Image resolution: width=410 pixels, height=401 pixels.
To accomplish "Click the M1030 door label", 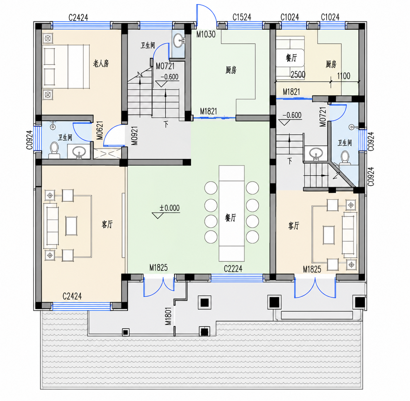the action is tap(206, 34).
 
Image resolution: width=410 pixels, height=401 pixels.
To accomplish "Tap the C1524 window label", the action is tap(242, 17).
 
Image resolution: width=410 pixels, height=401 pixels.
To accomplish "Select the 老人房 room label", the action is tap(101, 63).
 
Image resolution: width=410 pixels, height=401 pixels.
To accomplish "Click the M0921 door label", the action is tap(134, 135).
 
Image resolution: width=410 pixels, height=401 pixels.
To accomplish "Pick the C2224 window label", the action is tap(233, 269).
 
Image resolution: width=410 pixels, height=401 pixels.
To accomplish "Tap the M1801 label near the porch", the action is tap(168, 316).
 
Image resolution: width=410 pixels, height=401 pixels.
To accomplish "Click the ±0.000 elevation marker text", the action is tap(169, 208).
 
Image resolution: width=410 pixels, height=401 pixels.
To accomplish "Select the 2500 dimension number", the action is tap(298, 75).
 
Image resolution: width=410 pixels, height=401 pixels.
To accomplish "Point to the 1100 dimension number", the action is tap(344, 76).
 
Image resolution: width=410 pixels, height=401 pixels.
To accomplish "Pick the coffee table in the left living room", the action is tap(71, 226).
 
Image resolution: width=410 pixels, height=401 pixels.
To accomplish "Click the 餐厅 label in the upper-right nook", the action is tap(291, 58).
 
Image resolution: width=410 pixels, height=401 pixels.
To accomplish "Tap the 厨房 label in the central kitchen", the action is tap(231, 70).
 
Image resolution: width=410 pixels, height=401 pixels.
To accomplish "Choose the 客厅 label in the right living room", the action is tap(293, 226).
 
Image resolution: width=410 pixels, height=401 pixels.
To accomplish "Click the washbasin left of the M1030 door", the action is tap(179, 40).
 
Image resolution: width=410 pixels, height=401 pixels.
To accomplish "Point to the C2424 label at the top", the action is tap(78, 17).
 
